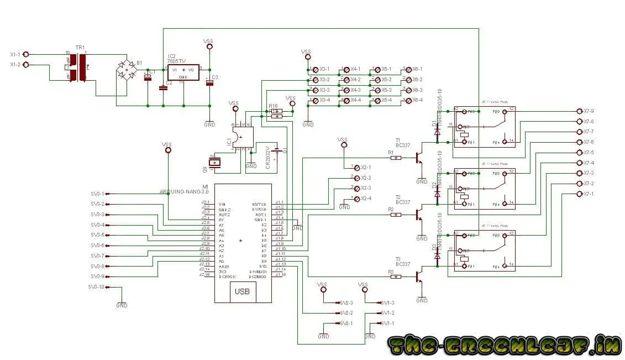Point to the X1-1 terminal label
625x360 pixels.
15,54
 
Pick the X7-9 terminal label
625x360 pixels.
589,111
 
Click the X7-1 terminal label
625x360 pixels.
589,194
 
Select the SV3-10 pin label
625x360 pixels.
96,287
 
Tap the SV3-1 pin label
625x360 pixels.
97,194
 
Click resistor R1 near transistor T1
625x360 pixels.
396,158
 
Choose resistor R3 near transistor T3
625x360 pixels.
396,276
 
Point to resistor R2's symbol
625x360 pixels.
396,215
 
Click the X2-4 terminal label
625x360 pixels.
366,199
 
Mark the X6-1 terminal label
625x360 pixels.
417,70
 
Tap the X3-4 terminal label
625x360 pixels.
324,101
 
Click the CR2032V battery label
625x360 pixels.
268,158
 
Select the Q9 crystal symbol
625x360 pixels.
214,161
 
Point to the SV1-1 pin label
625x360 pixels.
388,323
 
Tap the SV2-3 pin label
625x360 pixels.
346,302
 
